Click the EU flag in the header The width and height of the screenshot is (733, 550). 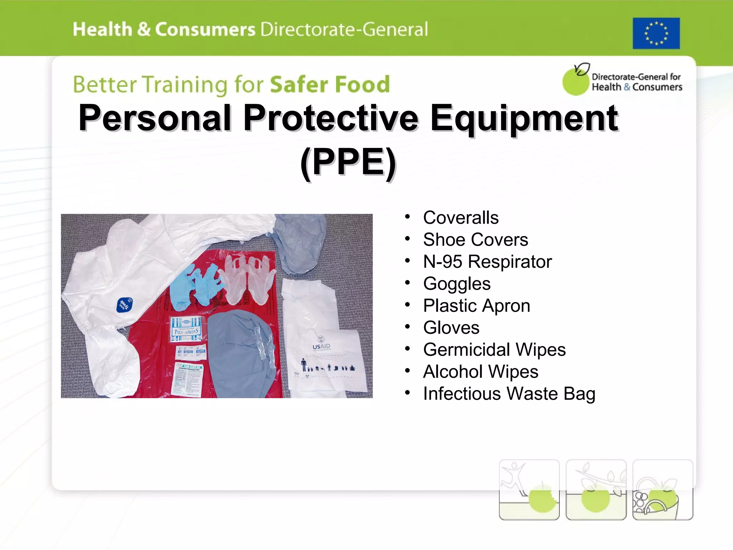pyautogui.click(x=656, y=33)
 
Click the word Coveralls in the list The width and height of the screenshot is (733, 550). pyautogui.click(x=461, y=218)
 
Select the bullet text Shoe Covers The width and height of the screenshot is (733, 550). pyautogui.click(x=475, y=240)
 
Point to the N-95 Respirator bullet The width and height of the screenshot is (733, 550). pyautogui.click(x=487, y=262)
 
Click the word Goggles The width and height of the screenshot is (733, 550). pyautogui.click(x=457, y=284)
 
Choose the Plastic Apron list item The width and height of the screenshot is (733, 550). pyautogui.click(x=476, y=306)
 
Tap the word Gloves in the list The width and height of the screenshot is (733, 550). pyautogui.click(x=451, y=328)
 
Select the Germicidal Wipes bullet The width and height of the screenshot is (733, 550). pyautogui.click(x=494, y=349)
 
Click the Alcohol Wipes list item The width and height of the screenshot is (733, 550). pyautogui.click(x=480, y=372)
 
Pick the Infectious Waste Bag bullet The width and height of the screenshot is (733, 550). pyautogui.click(x=509, y=394)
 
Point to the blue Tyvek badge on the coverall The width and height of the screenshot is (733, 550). pyautogui.click(x=125, y=304)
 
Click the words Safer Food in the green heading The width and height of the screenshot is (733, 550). pyautogui.click(x=330, y=85)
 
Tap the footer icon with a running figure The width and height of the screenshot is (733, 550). pyautogui.click(x=529, y=489)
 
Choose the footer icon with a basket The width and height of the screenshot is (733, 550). pyautogui.click(x=662, y=489)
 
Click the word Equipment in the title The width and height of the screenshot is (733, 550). pyautogui.click(x=524, y=118)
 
